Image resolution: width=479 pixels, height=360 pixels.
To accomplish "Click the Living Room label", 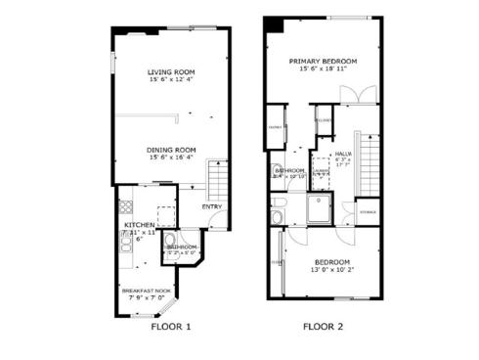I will [171, 72].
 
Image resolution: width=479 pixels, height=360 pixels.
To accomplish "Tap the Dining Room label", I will [171, 150].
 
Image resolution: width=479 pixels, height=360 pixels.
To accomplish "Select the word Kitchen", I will [138, 224].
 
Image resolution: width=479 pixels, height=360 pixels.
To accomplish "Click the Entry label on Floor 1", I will [212, 206].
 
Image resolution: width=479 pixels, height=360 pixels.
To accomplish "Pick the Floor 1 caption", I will [171, 327].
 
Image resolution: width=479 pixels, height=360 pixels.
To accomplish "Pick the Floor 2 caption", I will [323, 327].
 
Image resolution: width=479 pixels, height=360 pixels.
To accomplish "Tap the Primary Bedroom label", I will [323, 61].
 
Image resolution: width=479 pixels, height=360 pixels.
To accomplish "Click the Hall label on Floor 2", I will [344, 154].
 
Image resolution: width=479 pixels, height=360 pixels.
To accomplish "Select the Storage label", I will [368, 211].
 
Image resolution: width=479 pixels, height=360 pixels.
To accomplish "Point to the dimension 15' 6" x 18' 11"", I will [323, 69].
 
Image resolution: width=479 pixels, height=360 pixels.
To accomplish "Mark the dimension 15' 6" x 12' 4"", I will [171, 80].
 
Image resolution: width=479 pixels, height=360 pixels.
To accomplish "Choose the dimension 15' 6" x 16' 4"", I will [171, 157].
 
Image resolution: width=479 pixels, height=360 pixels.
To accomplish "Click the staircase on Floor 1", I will [219, 182].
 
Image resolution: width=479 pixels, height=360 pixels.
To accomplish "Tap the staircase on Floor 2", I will [369, 161].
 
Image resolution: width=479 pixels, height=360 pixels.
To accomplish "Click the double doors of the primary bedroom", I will [352, 95].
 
